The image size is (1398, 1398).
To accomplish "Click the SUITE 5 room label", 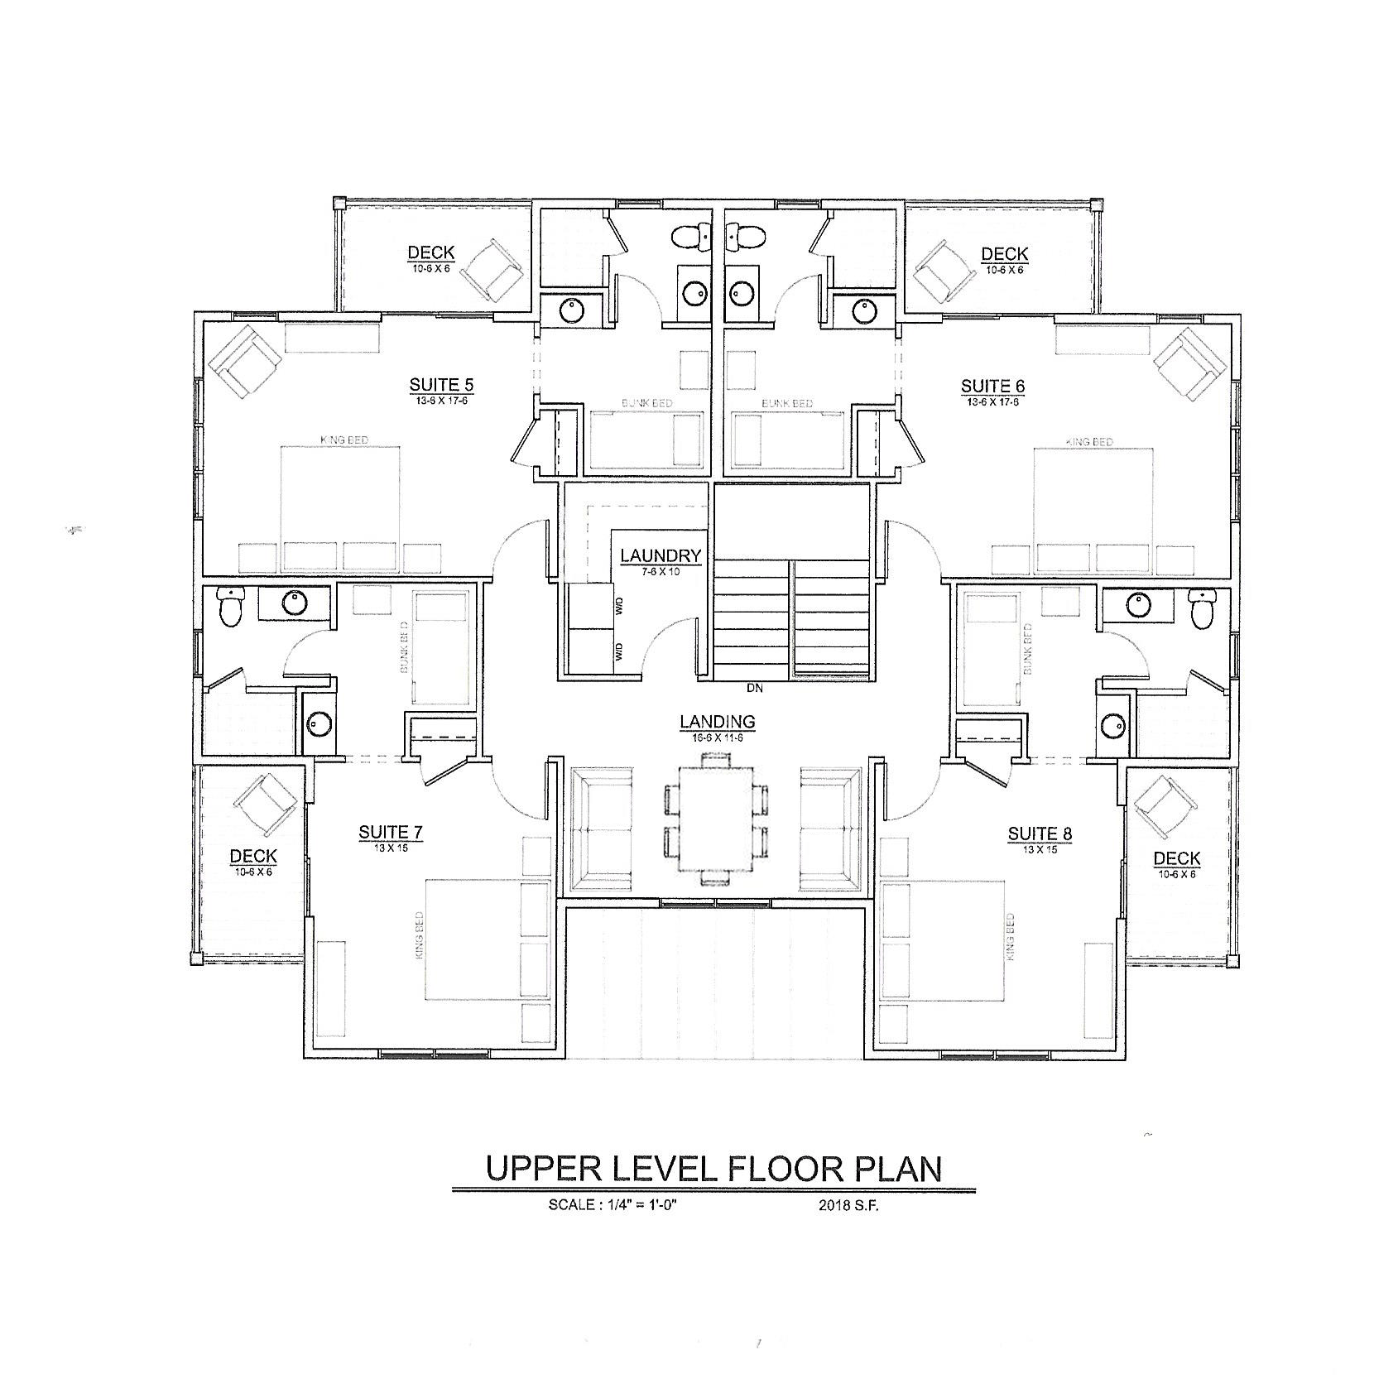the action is point(440,385).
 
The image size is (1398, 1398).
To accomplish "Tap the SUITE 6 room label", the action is point(992,387).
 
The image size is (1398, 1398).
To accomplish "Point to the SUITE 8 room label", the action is point(1040,834).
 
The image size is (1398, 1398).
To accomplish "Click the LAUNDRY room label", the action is point(661,556).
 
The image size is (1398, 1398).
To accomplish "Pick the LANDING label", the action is point(717,722).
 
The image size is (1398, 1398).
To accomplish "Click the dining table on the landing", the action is point(717,818).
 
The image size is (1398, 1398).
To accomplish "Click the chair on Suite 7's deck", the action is point(266,802).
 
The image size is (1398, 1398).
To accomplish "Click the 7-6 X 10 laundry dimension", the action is point(661,571).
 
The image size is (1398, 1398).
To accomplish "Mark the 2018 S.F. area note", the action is point(848,1206).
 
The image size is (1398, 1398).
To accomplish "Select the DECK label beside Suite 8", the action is point(1176,859).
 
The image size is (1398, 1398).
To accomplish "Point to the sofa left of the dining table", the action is point(602,828).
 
